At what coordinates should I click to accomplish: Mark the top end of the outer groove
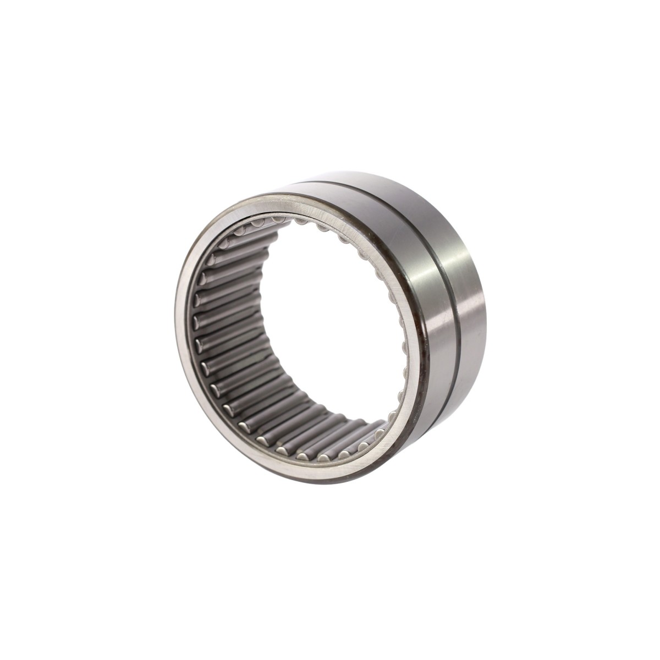[358, 185]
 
